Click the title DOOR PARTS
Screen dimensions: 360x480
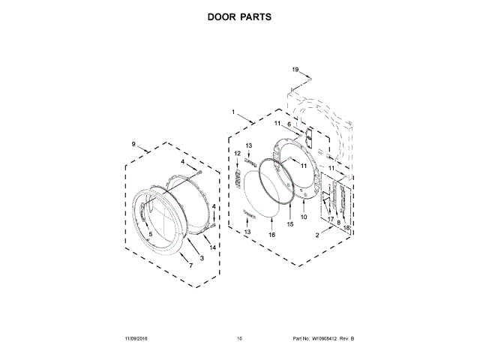239,15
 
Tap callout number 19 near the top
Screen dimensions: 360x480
295,69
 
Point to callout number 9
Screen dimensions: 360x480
133,143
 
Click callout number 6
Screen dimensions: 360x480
289,124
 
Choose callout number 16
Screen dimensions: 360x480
272,235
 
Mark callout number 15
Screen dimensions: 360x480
290,223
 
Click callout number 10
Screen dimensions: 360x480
304,217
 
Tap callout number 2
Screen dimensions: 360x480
317,235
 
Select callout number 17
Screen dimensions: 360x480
329,218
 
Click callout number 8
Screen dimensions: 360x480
338,222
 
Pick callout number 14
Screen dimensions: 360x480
213,247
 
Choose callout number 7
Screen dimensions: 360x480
190,265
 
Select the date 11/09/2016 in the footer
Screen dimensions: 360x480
128,339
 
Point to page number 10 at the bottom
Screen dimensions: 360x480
239,339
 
